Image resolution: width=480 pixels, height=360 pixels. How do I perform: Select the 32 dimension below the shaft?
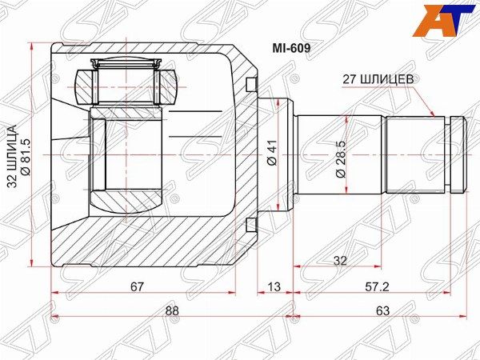click(x=340, y=261)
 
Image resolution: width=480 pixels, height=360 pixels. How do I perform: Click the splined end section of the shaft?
click(x=416, y=154)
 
